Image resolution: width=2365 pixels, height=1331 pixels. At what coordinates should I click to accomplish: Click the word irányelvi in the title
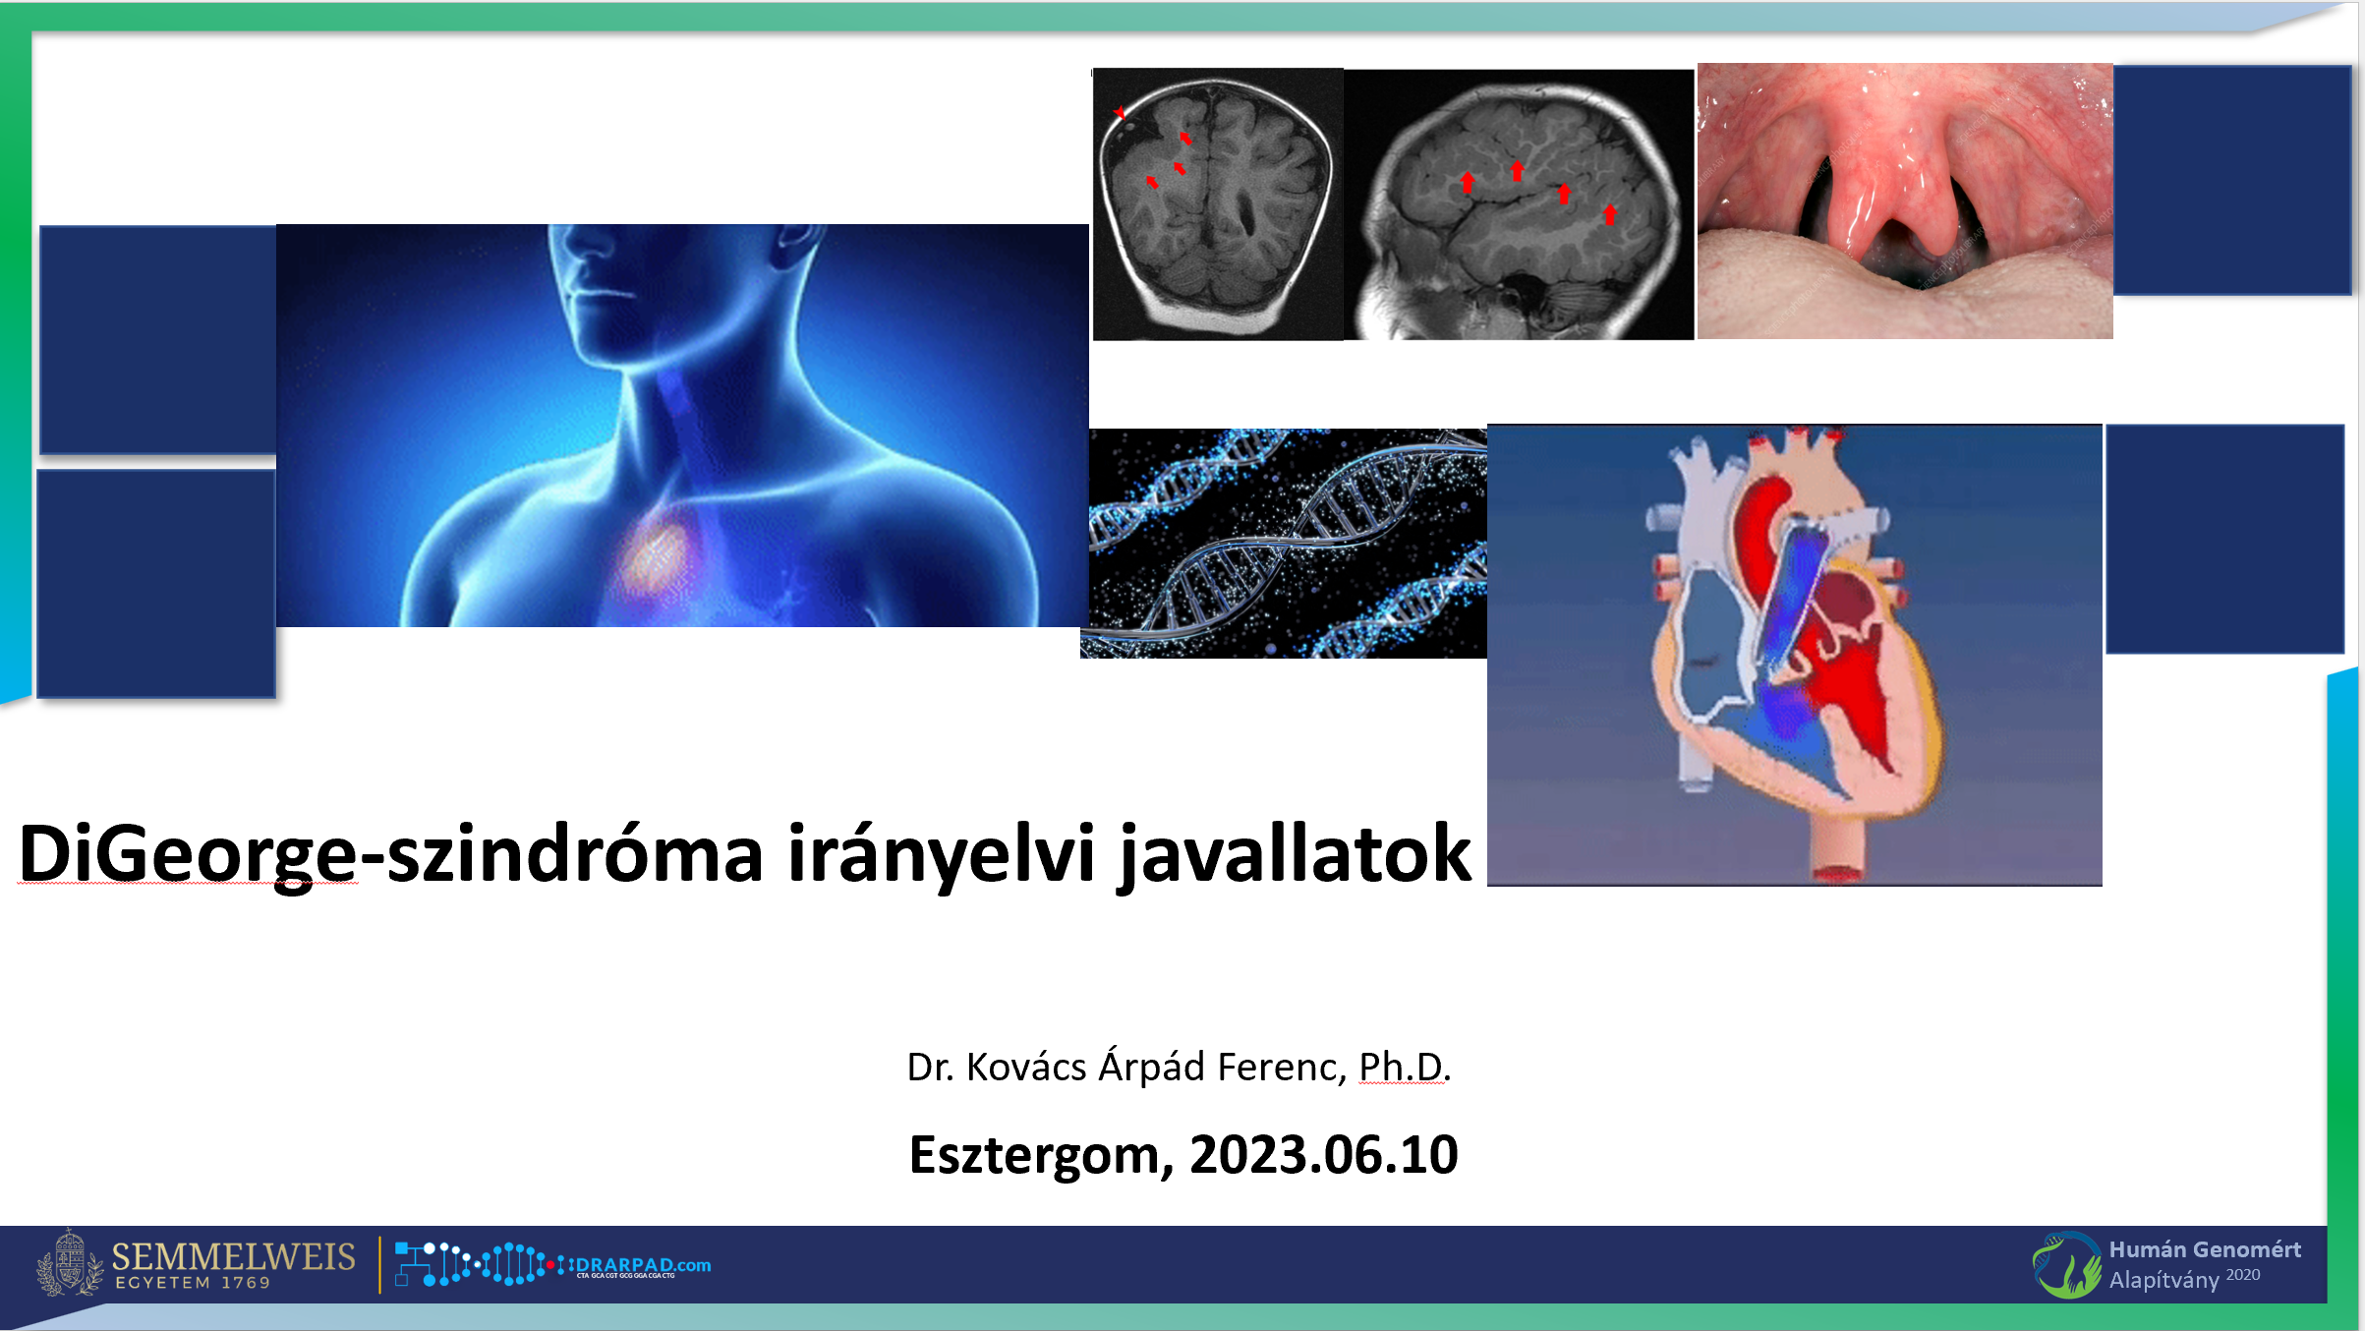tap(941, 853)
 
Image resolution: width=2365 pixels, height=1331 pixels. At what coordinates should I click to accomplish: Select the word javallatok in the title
tap(1296, 853)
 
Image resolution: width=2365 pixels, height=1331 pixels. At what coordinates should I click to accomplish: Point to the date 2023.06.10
tap(1323, 1154)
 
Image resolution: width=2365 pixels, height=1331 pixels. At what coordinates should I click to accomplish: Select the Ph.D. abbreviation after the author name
tap(1404, 1067)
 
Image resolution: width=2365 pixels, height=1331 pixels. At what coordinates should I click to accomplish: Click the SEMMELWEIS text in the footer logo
tap(233, 1256)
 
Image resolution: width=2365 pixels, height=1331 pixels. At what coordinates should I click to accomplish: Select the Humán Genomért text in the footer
tap(2205, 1249)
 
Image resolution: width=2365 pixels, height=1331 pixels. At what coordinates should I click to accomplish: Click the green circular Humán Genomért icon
tap(2066, 1265)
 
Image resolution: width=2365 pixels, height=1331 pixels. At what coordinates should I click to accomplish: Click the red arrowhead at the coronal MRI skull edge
tap(1120, 112)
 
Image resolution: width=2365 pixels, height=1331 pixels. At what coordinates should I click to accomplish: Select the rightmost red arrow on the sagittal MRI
tap(1609, 214)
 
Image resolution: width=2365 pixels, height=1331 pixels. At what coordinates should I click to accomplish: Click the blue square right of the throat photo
tap(2231, 180)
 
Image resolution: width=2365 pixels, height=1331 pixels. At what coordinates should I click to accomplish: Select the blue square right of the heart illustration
tap(2224, 539)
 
